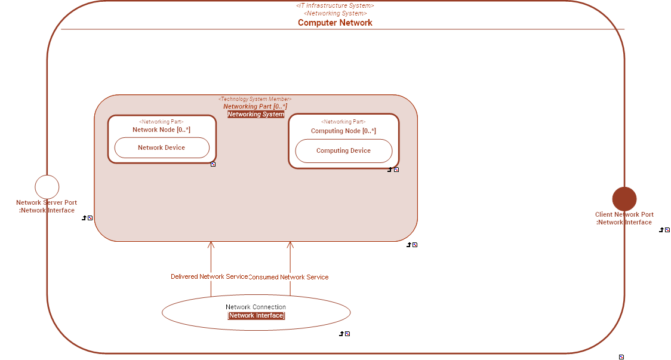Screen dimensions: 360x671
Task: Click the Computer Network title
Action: click(x=335, y=23)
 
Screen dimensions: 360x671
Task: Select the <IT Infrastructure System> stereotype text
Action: click(x=335, y=5)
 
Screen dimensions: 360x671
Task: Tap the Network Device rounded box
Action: click(x=162, y=147)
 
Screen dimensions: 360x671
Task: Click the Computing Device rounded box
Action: click(x=344, y=151)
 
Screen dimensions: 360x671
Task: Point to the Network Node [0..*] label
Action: click(x=161, y=130)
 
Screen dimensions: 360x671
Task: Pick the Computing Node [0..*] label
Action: click(x=343, y=131)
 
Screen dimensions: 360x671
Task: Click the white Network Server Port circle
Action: click(x=47, y=187)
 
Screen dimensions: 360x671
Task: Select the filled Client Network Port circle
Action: click(x=624, y=199)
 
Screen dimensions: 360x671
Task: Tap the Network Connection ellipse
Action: click(x=256, y=312)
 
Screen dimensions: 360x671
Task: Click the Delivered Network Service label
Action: click(x=209, y=276)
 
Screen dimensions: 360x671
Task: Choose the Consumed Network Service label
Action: click(x=288, y=277)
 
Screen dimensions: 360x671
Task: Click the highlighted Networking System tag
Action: click(x=256, y=114)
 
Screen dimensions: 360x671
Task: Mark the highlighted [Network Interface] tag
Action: click(x=256, y=316)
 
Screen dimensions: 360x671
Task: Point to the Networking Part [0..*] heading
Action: click(x=256, y=106)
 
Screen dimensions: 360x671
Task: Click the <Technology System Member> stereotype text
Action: click(x=255, y=99)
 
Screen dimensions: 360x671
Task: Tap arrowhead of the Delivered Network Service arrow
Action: click(x=211, y=244)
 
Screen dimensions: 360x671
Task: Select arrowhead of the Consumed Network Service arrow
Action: click(x=290, y=244)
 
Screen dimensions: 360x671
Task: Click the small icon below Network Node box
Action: click(x=213, y=164)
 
